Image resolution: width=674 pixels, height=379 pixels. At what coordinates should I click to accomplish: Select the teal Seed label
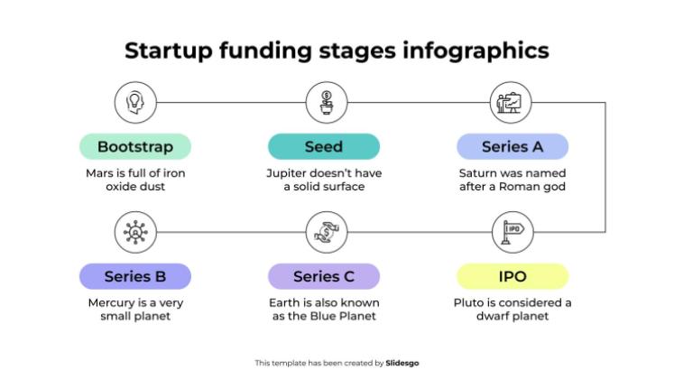(x=324, y=147)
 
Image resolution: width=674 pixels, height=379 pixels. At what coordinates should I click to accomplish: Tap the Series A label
(x=512, y=147)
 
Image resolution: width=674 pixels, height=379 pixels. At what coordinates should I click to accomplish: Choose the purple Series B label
(x=134, y=276)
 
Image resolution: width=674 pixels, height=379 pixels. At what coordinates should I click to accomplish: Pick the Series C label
(x=324, y=276)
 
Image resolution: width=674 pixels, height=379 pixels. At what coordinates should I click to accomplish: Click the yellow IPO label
(x=512, y=276)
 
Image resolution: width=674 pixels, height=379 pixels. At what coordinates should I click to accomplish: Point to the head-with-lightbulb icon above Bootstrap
(x=134, y=102)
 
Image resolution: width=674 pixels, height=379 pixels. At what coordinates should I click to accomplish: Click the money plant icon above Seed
(x=324, y=102)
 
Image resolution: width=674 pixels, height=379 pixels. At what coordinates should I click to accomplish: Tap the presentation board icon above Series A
(x=512, y=102)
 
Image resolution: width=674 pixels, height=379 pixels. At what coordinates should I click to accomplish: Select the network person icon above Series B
(x=134, y=232)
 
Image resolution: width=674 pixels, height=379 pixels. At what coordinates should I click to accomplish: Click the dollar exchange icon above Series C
(x=324, y=232)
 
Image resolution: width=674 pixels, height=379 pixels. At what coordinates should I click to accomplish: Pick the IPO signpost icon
(x=512, y=232)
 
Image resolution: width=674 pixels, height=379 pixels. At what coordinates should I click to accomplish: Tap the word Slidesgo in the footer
(x=402, y=363)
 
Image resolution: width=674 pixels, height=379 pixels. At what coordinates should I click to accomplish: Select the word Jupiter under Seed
(x=286, y=172)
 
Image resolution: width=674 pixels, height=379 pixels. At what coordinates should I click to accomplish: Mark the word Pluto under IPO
(x=470, y=302)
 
